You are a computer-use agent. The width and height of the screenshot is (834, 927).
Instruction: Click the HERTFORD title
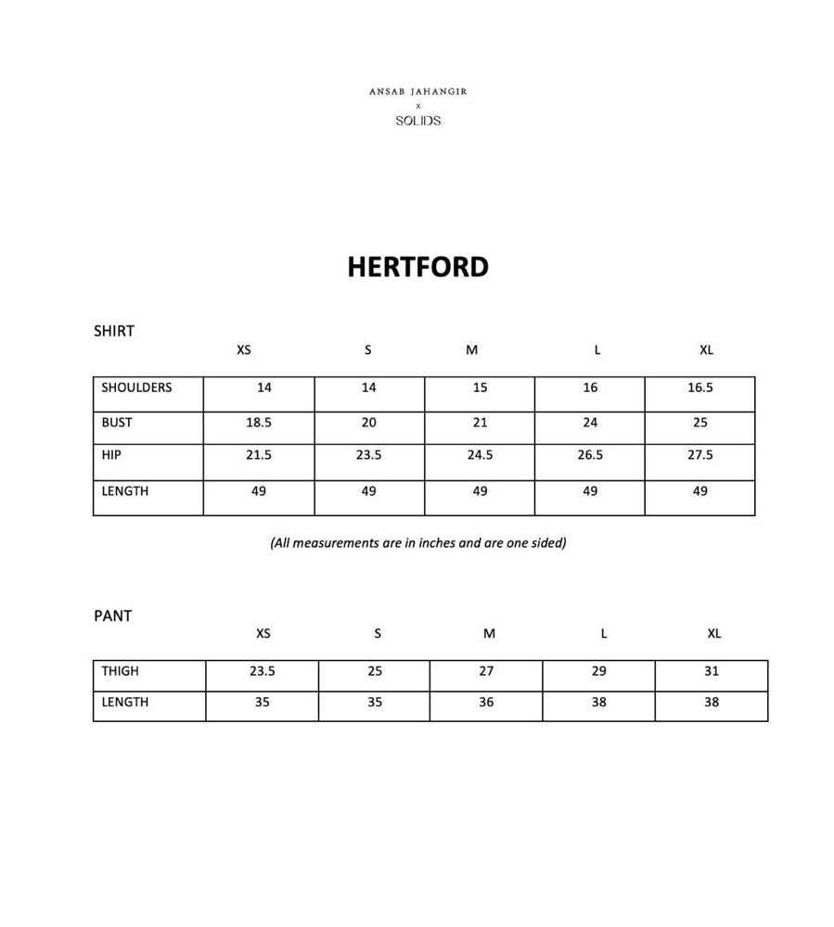[417, 267]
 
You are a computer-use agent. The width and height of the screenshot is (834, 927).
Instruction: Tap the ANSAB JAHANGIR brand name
[417, 92]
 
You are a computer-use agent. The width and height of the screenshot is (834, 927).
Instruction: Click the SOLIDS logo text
[417, 121]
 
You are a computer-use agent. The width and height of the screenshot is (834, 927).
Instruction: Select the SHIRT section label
[114, 331]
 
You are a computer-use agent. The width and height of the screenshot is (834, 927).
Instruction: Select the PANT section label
[112, 616]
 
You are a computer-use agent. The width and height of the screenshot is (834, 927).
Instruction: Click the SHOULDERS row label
[136, 387]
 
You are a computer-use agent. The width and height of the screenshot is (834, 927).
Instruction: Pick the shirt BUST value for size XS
[259, 423]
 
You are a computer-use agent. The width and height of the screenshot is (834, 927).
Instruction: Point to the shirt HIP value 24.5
[480, 455]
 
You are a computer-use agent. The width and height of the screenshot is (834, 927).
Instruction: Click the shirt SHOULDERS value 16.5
[700, 387]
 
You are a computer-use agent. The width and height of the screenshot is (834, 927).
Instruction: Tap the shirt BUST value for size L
[590, 423]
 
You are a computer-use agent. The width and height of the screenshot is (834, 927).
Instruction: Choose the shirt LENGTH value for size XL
[700, 491]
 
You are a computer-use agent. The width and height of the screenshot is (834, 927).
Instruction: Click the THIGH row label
[121, 671]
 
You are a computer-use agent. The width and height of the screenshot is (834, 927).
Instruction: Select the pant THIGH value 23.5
[263, 671]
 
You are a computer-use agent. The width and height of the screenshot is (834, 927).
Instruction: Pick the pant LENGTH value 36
[486, 702]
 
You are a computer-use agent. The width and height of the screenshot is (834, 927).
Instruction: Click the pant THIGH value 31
[711, 671]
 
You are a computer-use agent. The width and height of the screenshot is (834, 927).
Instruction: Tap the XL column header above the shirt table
[706, 350]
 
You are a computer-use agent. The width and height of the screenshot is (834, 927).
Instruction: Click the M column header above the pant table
[489, 634]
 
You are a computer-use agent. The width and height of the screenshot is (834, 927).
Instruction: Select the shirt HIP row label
[111, 455]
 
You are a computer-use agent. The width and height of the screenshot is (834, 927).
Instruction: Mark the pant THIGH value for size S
[375, 671]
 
